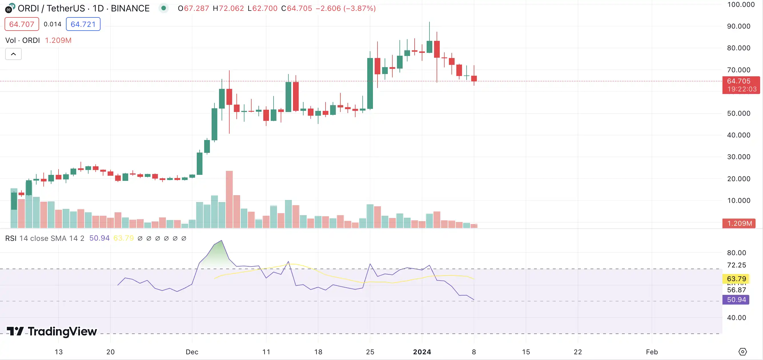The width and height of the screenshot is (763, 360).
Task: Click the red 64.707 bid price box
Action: click(x=22, y=24)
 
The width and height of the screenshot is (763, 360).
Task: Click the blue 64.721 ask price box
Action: click(x=83, y=24)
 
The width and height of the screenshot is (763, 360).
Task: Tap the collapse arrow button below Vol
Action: click(x=13, y=54)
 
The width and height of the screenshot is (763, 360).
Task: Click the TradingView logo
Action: click(x=52, y=331)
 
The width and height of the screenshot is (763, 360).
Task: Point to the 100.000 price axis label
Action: click(x=740, y=5)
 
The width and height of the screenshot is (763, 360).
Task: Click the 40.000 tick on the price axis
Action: click(x=738, y=135)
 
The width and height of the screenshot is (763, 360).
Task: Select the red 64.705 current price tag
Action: click(x=741, y=85)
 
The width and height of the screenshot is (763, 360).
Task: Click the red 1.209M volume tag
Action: click(x=739, y=223)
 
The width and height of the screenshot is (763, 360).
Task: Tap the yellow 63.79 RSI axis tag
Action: click(x=736, y=279)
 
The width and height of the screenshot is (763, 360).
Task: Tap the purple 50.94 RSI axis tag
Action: click(x=736, y=299)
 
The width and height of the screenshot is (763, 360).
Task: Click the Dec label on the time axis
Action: click(x=192, y=352)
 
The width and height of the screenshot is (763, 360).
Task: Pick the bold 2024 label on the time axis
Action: click(x=422, y=352)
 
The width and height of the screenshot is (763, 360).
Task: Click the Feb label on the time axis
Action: click(x=652, y=352)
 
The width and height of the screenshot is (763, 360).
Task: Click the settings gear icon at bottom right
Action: click(x=742, y=352)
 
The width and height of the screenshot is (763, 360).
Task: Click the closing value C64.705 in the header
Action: click(x=296, y=8)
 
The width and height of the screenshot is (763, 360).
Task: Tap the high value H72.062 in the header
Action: click(x=228, y=8)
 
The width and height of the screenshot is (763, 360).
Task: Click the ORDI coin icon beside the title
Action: click(x=10, y=8)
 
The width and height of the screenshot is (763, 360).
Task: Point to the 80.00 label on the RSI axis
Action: click(x=736, y=253)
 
